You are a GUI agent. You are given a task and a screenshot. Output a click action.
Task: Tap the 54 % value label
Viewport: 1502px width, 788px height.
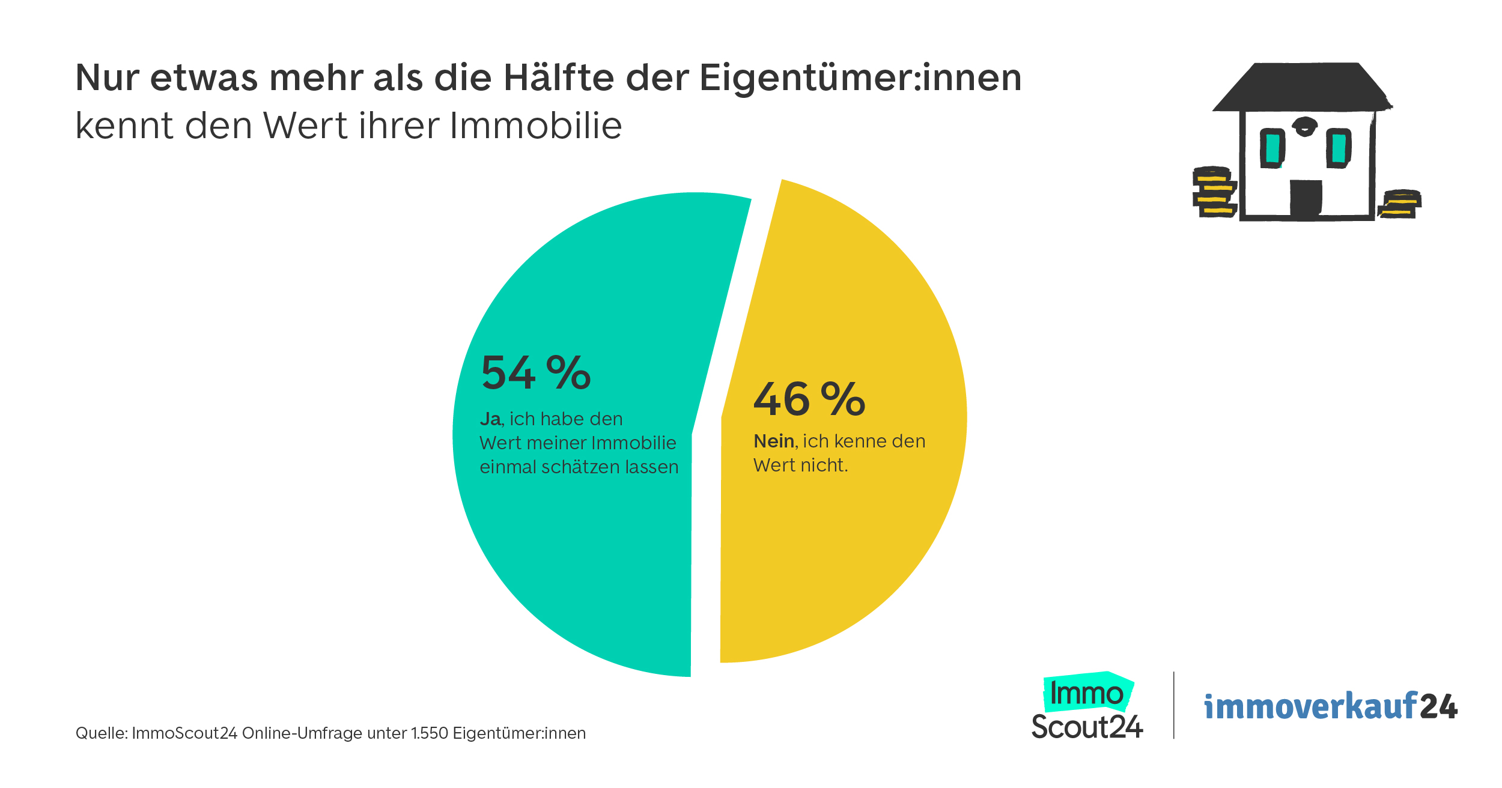coord(536,373)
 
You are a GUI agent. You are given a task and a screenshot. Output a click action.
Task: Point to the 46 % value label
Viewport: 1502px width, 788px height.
coord(809,399)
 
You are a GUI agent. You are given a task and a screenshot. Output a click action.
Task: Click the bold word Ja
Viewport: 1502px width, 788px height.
coord(490,419)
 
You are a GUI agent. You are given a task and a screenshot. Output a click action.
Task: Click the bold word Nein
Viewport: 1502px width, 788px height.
coord(774,441)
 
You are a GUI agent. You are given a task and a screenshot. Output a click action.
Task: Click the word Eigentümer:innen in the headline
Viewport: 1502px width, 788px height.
coord(860,78)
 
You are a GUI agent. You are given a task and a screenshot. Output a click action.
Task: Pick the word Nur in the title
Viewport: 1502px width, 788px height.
coord(107,78)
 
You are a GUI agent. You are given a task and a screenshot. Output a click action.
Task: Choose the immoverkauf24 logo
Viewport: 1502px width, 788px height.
coord(1331,707)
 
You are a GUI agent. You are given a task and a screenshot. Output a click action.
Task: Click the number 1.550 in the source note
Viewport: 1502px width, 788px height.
coord(430,733)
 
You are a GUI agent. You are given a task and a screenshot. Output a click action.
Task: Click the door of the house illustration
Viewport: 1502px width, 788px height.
coord(1306,198)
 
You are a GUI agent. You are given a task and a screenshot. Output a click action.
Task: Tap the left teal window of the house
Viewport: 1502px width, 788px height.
coord(1272,148)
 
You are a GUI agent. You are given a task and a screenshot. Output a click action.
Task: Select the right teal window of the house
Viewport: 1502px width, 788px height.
coord(1339,148)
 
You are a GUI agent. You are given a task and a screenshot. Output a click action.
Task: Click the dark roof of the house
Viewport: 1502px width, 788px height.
coord(1301,87)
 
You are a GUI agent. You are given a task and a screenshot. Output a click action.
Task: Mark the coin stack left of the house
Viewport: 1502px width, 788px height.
coord(1214,192)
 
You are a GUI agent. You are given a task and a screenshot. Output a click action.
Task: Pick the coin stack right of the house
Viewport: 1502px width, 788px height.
coord(1399,204)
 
